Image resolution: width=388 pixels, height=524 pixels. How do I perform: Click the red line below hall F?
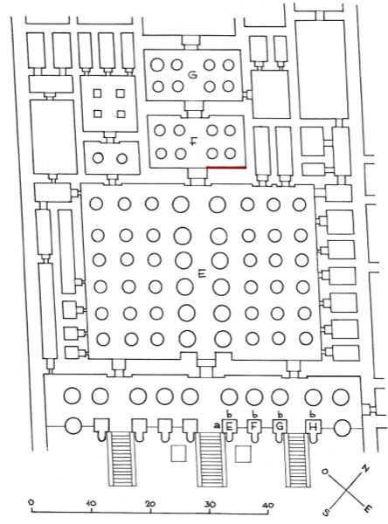point(226,167)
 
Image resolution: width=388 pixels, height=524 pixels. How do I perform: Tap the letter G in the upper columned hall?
point(192,75)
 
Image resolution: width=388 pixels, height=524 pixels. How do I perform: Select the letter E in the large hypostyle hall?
point(202,274)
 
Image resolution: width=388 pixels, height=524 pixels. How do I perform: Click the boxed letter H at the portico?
point(313,426)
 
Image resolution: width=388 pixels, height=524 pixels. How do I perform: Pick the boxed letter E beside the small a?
point(230,426)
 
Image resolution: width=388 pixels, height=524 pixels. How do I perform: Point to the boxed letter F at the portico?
point(254,426)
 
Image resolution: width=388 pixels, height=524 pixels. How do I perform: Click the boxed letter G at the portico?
point(280,426)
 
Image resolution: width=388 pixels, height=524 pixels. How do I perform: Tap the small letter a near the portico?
point(217,426)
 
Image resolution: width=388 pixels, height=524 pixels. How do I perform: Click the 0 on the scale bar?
point(31,502)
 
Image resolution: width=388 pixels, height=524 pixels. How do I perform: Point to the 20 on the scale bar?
point(150,504)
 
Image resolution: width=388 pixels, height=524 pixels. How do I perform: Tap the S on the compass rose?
point(325,512)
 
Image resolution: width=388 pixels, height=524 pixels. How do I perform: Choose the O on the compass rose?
point(324,472)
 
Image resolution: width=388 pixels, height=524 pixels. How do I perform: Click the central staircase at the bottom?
point(210,460)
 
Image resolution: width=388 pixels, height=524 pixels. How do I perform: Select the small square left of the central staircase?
point(178,453)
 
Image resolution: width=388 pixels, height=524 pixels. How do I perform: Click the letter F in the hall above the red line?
point(192,142)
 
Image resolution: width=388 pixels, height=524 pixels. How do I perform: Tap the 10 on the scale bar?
point(91,503)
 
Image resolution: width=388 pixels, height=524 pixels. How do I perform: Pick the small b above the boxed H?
point(313,414)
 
